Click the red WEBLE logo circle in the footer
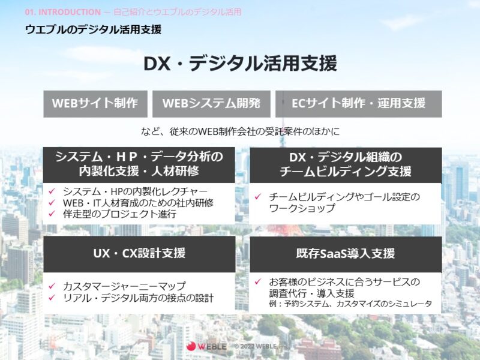point(191,346)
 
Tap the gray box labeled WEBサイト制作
point(95,104)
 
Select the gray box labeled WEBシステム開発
point(211,104)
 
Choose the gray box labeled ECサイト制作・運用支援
point(358,104)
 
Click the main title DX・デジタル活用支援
point(241,64)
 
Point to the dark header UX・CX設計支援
point(139,254)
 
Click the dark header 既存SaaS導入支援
point(346,254)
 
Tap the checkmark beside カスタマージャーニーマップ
point(52,286)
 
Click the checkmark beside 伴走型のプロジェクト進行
point(52,214)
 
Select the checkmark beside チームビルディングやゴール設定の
point(258,196)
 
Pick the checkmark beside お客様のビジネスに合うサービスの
point(258,281)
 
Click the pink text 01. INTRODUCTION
point(63,12)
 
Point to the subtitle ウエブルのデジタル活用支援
point(93,29)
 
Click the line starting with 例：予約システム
point(350,304)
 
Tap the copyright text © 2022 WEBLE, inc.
point(262,346)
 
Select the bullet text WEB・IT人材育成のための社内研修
point(138,203)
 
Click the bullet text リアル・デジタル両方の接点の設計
point(138,298)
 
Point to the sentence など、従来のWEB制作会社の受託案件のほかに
point(241,131)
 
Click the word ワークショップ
point(302,208)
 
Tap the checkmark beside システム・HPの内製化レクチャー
point(52,191)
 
